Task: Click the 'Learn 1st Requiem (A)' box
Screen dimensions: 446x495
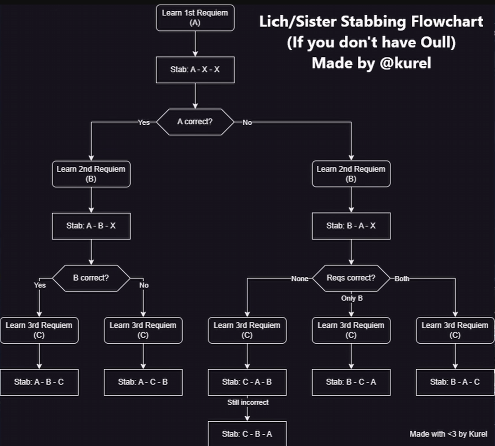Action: [195, 18]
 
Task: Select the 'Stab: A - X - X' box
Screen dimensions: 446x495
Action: [195, 70]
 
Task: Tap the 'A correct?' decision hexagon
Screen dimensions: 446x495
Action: [195, 122]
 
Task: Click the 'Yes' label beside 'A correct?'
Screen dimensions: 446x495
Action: [144, 122]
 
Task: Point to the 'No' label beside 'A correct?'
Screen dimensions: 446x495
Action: [247, 122]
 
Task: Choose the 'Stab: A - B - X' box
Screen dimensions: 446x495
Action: [91, 226]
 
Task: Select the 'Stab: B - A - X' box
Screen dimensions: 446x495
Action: [351, 226]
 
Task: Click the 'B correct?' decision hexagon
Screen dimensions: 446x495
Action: [91, 278]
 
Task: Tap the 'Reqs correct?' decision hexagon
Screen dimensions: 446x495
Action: [351, 278]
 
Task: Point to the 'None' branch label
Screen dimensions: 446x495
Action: [300, 279]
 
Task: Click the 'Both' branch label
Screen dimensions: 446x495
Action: [402, 279]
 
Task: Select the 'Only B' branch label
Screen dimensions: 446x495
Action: [351, 298]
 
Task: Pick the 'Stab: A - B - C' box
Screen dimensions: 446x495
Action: [39, 382]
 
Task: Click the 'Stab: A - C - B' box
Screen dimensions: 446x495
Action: [143, 382]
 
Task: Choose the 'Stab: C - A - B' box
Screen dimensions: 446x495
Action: [247, 382]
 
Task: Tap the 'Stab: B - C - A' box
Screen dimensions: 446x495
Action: [351, 382]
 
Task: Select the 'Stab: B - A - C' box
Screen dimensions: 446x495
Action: [455, 382]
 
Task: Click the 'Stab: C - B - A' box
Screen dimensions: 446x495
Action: [247, 434]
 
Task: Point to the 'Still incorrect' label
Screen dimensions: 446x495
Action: [247, 402]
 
